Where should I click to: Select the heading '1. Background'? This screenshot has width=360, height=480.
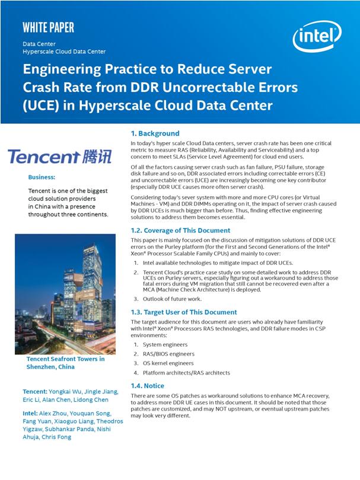click(155, 133)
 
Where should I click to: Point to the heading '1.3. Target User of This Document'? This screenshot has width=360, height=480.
click(184, 312)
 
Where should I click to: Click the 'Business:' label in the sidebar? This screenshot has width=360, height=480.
click(42, 177)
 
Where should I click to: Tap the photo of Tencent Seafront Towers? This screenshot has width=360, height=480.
click(56, 293)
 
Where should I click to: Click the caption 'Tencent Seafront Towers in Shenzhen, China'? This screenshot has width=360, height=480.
click(65, 363)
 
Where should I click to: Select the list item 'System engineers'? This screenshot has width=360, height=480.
click(164, 344)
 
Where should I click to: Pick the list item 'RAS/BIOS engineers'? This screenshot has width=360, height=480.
click(168, 354)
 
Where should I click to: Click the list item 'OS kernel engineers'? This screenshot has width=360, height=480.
click(168, 363)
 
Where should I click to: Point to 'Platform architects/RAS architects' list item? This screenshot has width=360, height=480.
click(186, 373)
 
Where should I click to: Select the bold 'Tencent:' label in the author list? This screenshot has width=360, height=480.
click(36, 392)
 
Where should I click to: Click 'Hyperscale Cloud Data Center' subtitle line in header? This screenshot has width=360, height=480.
click(65, 52)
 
